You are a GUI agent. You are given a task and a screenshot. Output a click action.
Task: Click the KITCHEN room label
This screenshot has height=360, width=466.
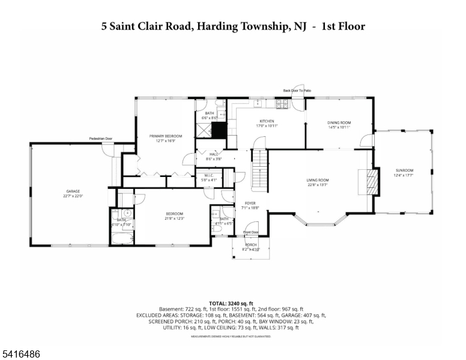(x=267, y=121)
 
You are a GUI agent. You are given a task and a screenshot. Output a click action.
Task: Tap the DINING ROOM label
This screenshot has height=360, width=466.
(x=339, y=123)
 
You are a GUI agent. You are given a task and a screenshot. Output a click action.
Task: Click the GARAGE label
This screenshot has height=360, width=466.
(x=72, y=191)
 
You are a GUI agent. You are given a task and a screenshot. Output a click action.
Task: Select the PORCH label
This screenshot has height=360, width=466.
(x=250, y=245)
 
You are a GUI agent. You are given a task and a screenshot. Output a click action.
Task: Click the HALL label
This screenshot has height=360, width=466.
(x=214, y=154)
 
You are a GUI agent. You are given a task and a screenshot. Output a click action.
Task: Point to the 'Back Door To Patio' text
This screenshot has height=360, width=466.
(x=297, y=91)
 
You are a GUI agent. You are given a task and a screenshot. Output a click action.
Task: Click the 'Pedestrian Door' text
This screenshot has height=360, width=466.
(x=101, y=139)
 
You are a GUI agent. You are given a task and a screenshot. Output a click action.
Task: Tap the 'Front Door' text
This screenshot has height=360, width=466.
(x=251, y=232)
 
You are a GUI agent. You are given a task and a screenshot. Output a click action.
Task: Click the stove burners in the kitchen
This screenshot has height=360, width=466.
(x=281, y=104)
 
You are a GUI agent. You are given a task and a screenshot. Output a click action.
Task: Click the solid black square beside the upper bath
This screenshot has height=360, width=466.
(x=219, y=130)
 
